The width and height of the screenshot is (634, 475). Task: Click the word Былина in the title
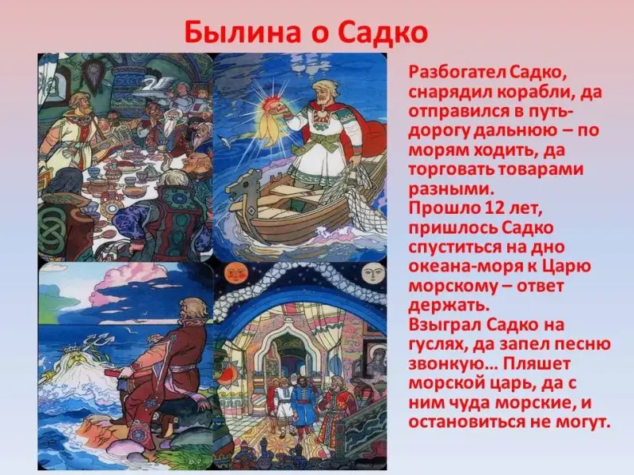(243, 32)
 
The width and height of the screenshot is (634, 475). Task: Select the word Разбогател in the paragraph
(456, 73)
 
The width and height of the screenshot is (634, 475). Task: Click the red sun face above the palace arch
(233, 273)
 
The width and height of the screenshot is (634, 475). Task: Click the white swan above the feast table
(155, 86)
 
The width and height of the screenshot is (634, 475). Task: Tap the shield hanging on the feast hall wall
(92, 73)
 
